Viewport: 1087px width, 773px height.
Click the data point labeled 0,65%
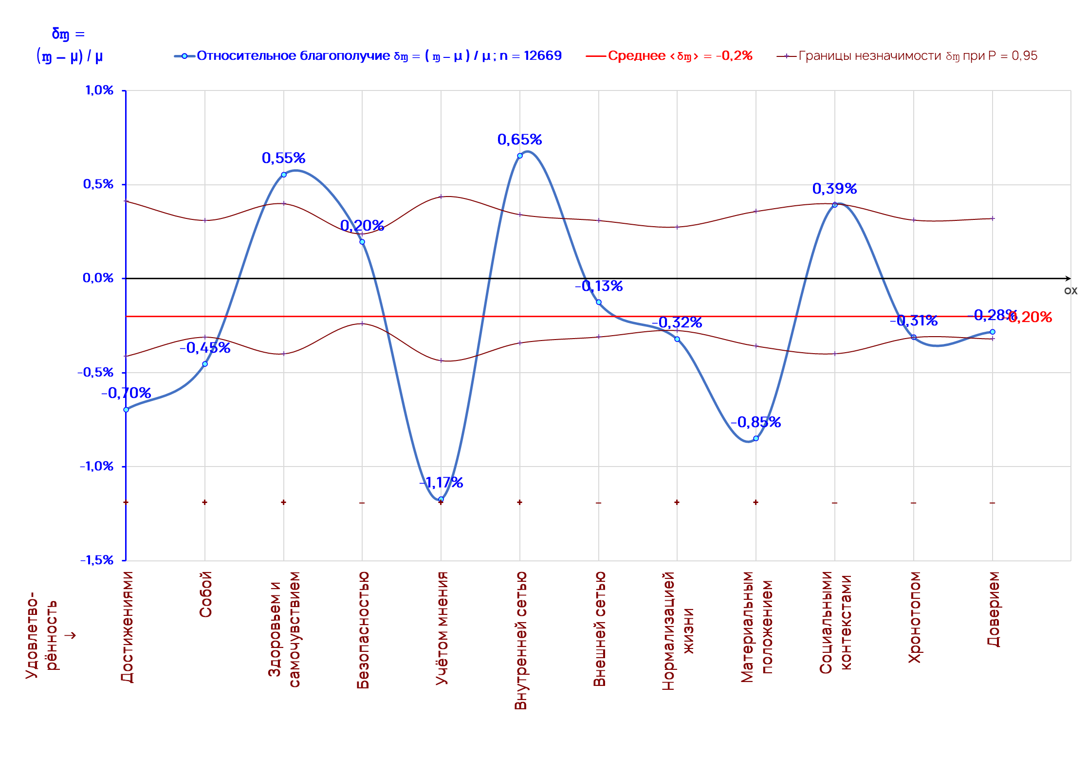tap(520, 156)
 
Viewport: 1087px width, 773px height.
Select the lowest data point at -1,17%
tap(441, 499)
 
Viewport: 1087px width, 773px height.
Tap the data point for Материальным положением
tap(756, 438)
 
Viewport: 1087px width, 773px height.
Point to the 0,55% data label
tap(283, 158)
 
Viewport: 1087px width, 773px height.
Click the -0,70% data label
tap(126, 393)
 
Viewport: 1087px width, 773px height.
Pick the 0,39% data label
tap(834, 189)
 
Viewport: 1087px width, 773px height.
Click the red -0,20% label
tap(1031, 317)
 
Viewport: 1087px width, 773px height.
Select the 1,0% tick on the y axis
tap(99, 90)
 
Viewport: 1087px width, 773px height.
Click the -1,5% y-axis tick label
tap(97, 560)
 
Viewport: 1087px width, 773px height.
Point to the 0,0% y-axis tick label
tap(98, 278)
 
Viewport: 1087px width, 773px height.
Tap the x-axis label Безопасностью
tap(363, 630)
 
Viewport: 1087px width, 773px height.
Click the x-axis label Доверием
tap(994, 609)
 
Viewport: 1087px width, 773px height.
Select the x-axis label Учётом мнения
tap(442, 628)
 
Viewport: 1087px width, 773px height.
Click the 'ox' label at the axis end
tap(1070, 291)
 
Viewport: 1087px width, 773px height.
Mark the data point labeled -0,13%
tap(599, 302)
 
